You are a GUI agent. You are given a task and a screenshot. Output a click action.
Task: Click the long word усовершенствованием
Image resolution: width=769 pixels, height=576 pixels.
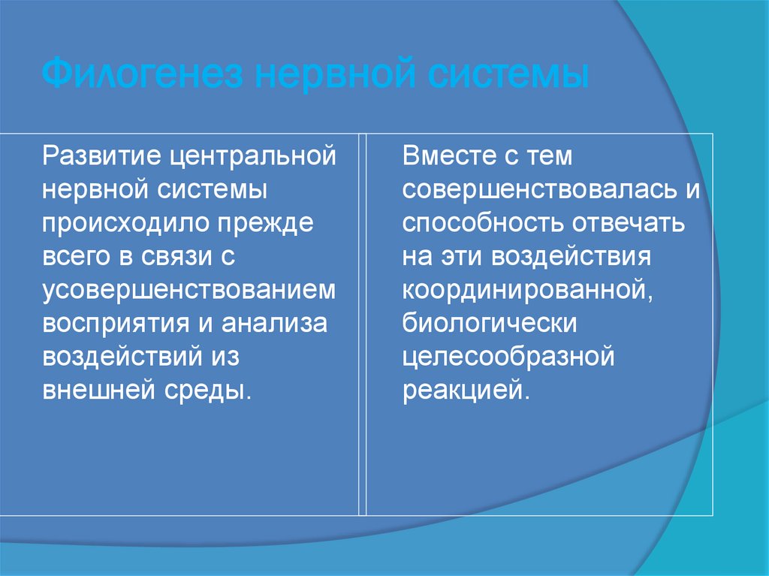click(189, 289)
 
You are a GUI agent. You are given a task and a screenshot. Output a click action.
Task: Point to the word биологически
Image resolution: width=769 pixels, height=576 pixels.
click(489, 322)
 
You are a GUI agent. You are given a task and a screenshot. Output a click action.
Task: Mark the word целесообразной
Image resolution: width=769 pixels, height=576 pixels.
click(508, 355)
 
